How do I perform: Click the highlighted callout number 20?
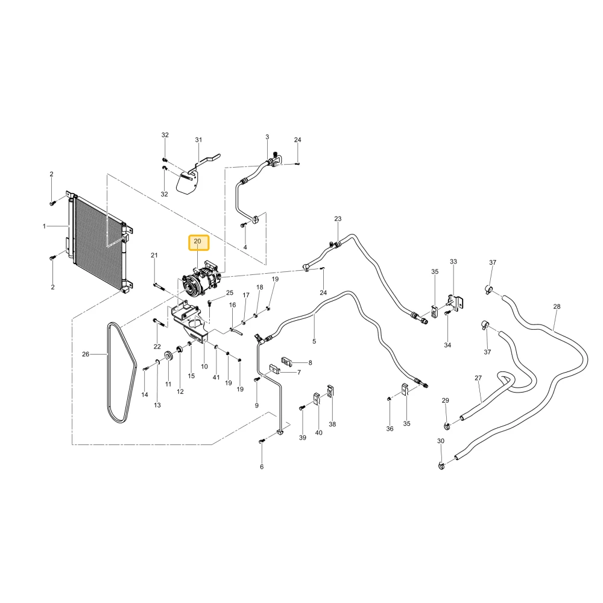point(197,242)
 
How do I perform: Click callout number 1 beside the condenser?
point(44,226)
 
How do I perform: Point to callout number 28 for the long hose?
point(557,306)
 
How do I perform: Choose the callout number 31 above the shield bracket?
point(198,140)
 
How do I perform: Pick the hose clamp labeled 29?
point(447,426)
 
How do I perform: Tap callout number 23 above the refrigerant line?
point(338,219)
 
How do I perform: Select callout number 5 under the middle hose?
point(314,341)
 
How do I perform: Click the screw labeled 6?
point(262,441)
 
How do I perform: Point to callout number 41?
point(216,377)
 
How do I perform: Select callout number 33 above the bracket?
point(453,262)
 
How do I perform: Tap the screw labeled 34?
point(447,314)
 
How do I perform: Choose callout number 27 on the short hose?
point(478,378)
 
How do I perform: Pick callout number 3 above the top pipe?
point(267,137)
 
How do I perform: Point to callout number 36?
point(390,428)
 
